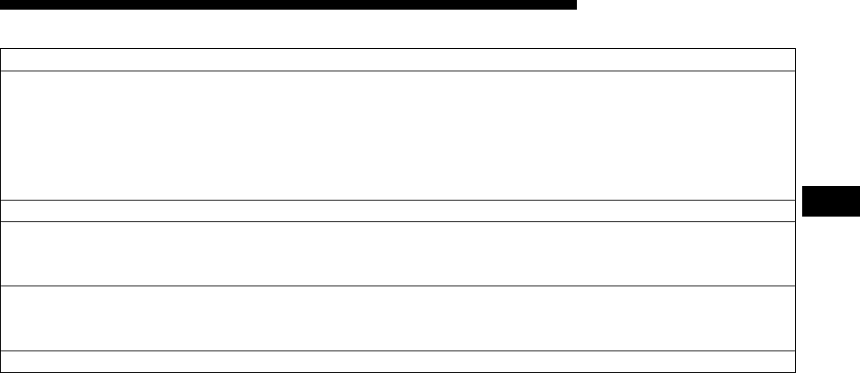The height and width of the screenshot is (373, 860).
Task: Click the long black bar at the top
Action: pyautogui.click(x=289, y=5)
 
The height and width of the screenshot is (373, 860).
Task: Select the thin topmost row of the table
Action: pyautogui.click(x=398, y=59)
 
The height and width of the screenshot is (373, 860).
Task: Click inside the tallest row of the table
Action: pyautogui.click(x=398, y=135)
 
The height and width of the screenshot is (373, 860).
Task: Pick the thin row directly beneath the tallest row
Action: pyautogui.click(x=398, y=210)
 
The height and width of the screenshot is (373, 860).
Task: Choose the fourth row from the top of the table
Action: pyautogui.click(x=398, y=253)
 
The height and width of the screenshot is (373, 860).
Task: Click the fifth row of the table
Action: pyautogui.click(x=398, y=318)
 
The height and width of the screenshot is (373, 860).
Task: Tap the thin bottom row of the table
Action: pyautogui.click(x=398, y=362)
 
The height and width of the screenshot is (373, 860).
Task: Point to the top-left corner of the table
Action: pyautogui.click(x=1, y=49)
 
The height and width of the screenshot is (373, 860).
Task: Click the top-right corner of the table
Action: pyautogui.click(x=796, y=49)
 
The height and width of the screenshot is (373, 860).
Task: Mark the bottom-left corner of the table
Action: pyautogui.click(x=1, y=372)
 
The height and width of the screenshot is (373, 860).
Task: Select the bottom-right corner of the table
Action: pyautogui.click(x=796, y=372)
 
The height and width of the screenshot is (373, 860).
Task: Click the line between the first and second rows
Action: pyautogui.click(x=398, y=71)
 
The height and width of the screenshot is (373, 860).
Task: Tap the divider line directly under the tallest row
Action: pyautogui.click(x=398, y=200)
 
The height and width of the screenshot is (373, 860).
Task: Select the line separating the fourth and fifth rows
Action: pyautogui.click(x=398, y=286)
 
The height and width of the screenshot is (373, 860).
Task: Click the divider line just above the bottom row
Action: pyautogui.click(x=398, y=351)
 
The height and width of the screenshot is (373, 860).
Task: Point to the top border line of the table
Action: pyautogui.click(x=398, y=49)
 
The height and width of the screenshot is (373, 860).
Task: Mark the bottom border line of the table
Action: pyautogui.click(x=398, y=372)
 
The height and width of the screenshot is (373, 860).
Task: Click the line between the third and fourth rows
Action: pyautogui.click(x=398, y=221)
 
